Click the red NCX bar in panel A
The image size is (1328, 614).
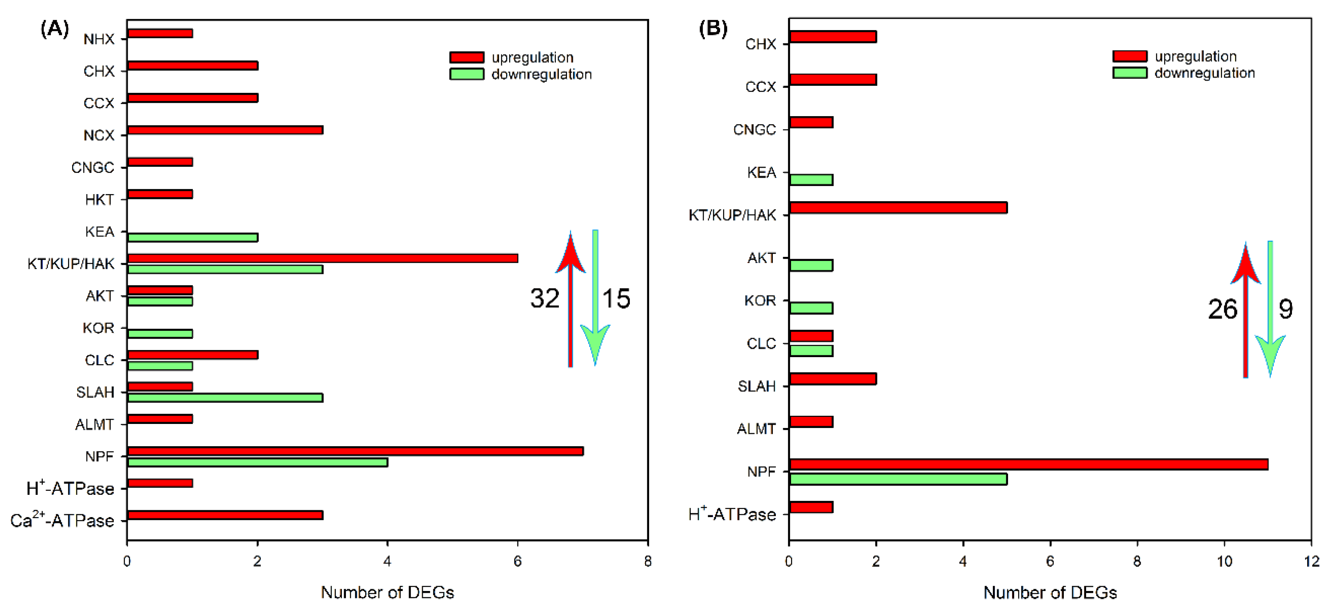(x=225, y=130)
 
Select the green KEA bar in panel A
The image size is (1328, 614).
(x=192, y=238)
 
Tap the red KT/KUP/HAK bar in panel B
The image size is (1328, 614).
(x=898, y=208)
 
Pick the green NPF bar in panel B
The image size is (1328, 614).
(x=898, y=479)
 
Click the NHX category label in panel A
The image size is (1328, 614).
(x=99, y=39)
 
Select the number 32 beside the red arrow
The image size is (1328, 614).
(x=544, y=299)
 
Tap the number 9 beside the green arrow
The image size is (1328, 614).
(x=1286, y=309)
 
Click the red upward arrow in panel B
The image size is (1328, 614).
(x=1246, y=309)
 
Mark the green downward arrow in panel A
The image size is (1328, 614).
(x=595, y=299)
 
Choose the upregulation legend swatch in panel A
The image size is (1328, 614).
(x=467, y=57)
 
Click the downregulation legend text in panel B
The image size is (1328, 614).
(x=1204, y=73)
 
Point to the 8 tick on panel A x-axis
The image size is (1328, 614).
(x=648, y=561)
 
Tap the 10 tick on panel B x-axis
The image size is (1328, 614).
(x=1224, y=561)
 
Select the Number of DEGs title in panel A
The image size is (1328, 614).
(x=387, y=592)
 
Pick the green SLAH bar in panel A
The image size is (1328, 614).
(x=225, y=398)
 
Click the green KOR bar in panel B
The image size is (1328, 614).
(x=811, y=308)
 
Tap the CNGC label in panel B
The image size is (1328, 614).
(x=754, y=130)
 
